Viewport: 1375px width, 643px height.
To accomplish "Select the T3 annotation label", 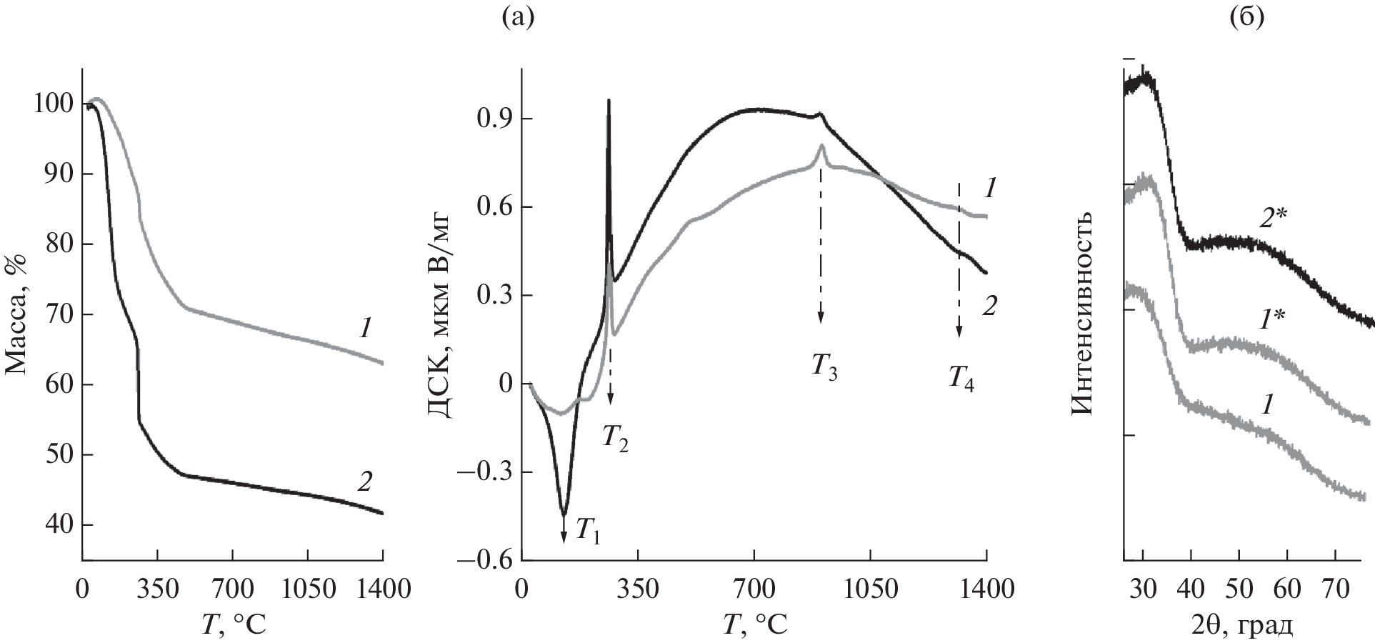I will (824, 367).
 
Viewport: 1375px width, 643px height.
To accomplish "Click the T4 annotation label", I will (961, 377).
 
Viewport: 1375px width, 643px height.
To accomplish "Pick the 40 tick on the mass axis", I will (56, 525).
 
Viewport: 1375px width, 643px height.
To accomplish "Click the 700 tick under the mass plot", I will (233, 589).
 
